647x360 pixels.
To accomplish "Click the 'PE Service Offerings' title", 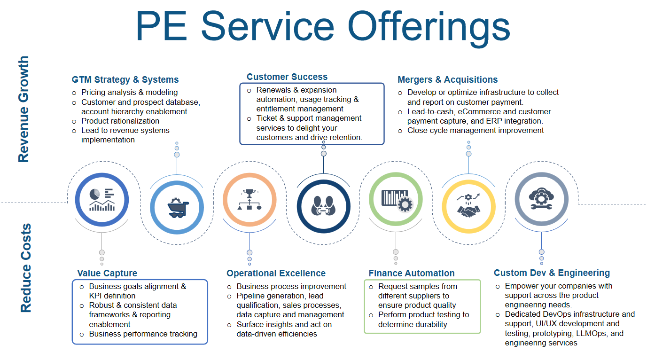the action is [323, 27].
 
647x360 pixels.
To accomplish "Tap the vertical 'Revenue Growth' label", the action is [23, 109].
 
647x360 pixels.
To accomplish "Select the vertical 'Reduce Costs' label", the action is [26, 267].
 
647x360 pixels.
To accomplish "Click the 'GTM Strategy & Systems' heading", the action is [125, 79].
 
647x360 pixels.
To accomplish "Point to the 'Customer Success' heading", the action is [287, 77].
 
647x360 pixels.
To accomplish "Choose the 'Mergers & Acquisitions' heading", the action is [447, 79].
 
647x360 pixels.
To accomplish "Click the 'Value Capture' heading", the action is [107, 273].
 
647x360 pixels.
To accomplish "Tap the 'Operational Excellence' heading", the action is [276, 273].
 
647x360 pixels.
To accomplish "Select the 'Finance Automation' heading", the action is [411, 273].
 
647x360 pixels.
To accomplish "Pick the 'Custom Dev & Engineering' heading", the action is [552, 273].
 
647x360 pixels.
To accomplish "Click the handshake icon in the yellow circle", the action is [468, 206].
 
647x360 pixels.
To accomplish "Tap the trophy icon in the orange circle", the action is [249, 199].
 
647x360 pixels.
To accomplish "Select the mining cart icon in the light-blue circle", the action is [177, 207].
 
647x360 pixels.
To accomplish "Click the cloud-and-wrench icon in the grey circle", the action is [541, 198].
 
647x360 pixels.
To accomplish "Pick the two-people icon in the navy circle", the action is [323, 206].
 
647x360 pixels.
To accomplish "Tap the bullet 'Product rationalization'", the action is [120, 121].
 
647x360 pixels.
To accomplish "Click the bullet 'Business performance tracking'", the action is [143, 334].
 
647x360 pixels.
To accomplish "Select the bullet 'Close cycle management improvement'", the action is [476, 130].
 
